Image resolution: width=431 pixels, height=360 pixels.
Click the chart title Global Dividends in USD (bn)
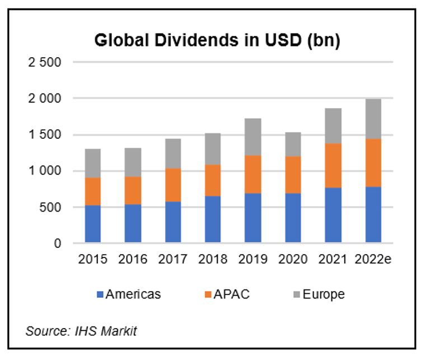tap(217, 41)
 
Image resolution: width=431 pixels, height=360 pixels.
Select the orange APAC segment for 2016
tap(129, 190)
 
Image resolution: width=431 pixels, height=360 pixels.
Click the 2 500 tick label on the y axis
tap(45, 62)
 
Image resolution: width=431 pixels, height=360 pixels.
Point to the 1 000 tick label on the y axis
tap(45, 171)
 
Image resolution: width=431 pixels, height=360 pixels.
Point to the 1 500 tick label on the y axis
tap(45, 135)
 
